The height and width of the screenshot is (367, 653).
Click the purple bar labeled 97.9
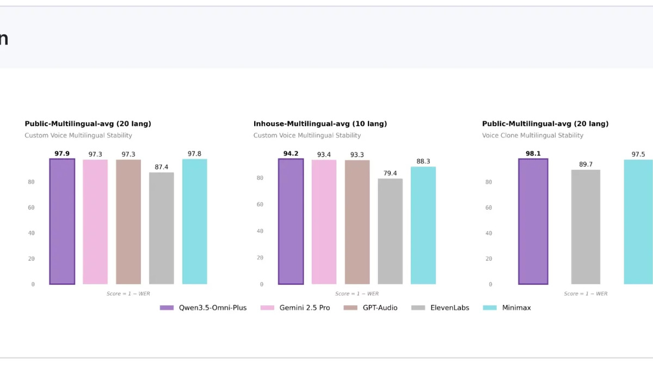coord(62,221)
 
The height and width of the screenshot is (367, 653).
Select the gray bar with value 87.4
coord(162,228)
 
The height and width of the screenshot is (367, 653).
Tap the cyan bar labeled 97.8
coord(194,221)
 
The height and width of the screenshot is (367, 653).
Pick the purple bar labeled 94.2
coord(291,221)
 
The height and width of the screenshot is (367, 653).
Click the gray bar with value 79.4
coord(390,231)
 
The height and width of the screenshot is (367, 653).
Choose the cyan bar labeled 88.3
coord(423,225)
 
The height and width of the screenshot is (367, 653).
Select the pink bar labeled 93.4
coord(324,222)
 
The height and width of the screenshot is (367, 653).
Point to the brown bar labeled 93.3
coord(357,222)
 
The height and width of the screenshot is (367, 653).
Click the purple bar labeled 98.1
coord(533,221)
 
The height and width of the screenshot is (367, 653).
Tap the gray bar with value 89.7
coord(586,227)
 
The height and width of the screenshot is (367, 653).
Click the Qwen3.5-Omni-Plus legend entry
coord(203,308)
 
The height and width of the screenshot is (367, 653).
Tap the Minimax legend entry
coord(507,308)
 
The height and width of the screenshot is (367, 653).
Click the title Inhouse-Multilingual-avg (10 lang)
coord(320,124)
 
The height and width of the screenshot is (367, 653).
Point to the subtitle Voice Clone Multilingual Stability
coord(532,135)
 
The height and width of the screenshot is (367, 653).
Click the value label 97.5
coord(638,154)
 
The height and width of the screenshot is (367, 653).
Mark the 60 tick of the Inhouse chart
coord(260,204)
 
